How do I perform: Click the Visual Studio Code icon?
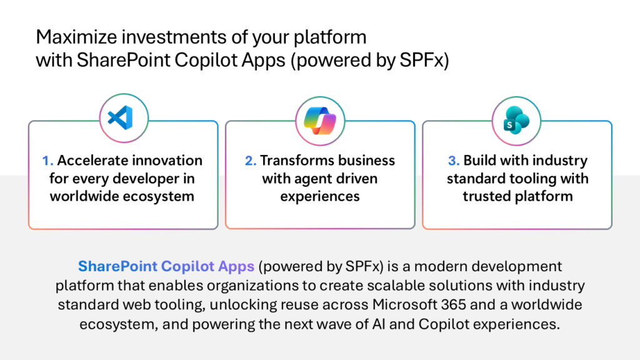pos(121,117)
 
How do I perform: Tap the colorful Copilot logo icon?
pos(320,121)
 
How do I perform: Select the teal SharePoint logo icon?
pos(516,121)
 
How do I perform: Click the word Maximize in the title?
pos(77,37)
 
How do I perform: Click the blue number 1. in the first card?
pos(47,161)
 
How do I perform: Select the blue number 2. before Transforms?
pos(251,161)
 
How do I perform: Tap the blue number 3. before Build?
pos(454,161)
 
